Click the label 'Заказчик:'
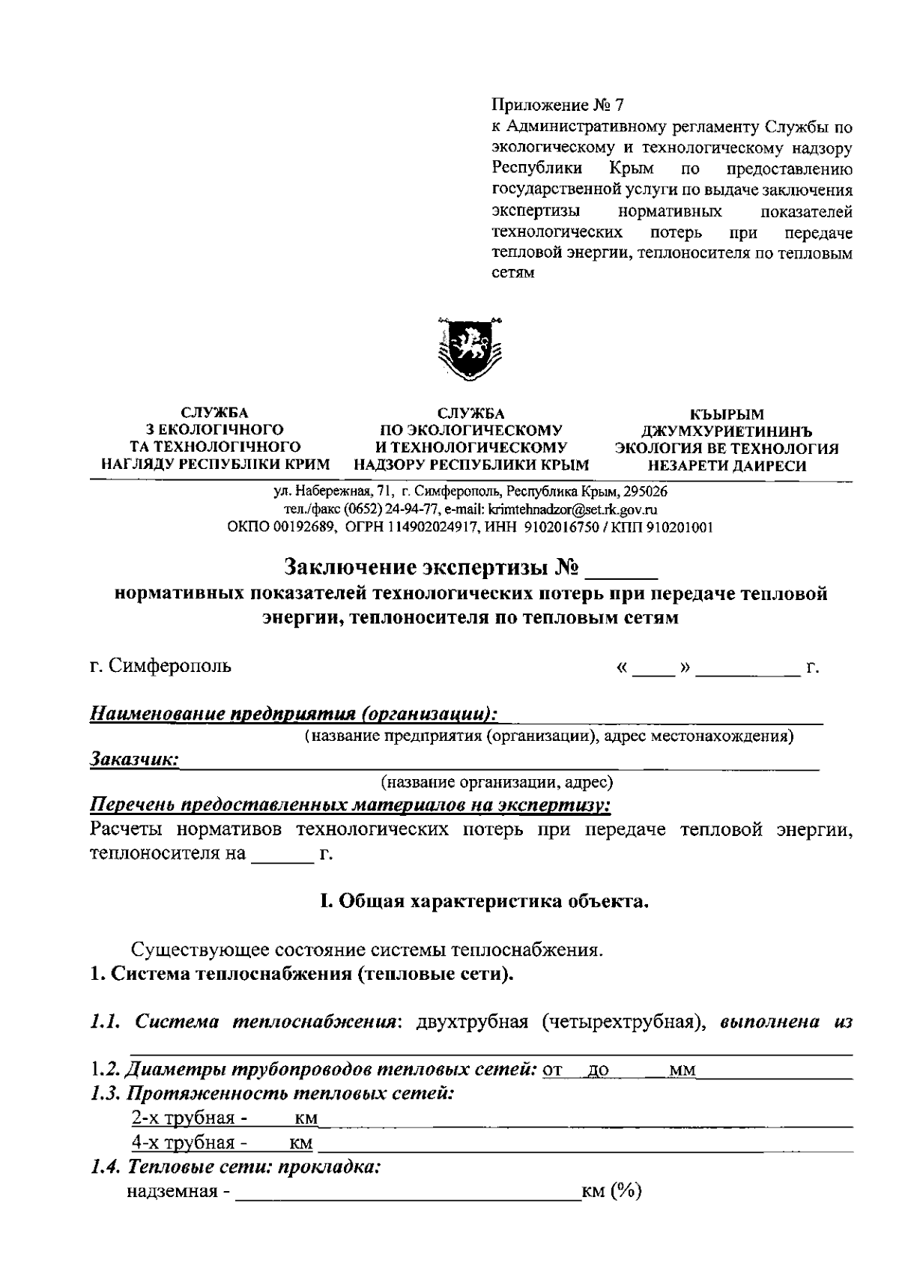[x=133, y=759]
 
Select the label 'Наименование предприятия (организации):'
[x=294, y=712]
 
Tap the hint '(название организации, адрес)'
[x=497, y=783]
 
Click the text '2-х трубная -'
[x=190, y=1118]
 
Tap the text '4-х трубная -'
[x=190, y=1143]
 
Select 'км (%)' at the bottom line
[x=611, y=1191]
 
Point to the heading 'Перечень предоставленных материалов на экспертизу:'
[x=350, y=806]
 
